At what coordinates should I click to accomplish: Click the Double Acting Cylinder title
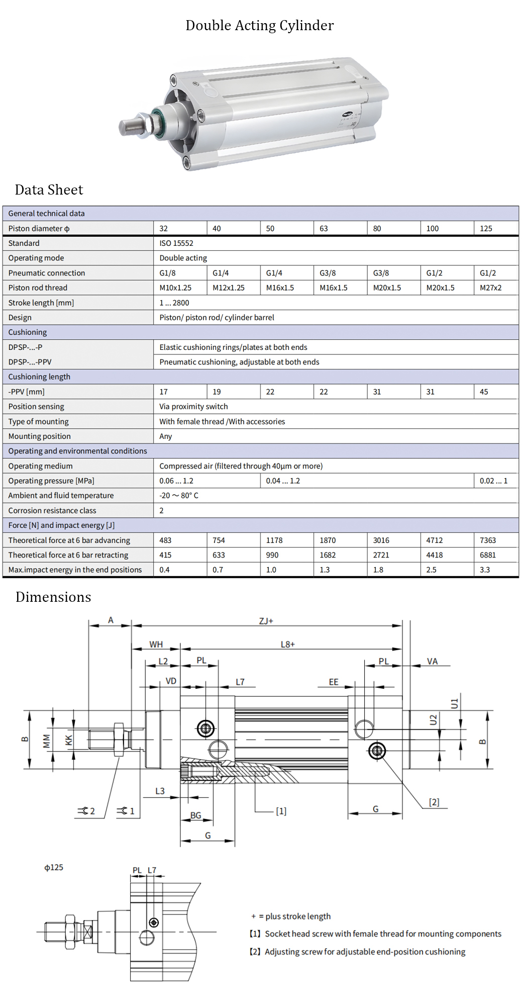point(259,25)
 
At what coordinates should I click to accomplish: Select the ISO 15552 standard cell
point(176,243)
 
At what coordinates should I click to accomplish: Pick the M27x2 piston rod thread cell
point(490,288)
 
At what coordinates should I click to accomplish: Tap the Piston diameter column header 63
point(324,229)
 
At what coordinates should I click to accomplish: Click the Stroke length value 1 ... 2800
point(174,303)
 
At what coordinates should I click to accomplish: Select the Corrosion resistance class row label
point(52,511)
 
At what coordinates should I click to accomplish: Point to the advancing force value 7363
point(487,540)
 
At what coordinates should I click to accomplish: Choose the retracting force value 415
point(165,555)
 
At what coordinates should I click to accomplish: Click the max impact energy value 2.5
point(431,570)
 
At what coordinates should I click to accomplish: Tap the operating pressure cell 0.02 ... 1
point(493,481)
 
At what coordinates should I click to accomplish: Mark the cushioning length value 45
point(484,392)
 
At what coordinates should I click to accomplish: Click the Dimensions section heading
point(53,597)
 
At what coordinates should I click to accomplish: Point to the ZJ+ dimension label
point(266,621)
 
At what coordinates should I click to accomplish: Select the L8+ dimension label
point(287,645)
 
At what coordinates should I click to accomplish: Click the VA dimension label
point(432,662)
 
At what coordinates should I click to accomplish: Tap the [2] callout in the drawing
point(434,802)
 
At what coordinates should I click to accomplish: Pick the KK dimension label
point(69,740)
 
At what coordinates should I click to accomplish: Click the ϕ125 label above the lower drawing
point(54,868)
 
